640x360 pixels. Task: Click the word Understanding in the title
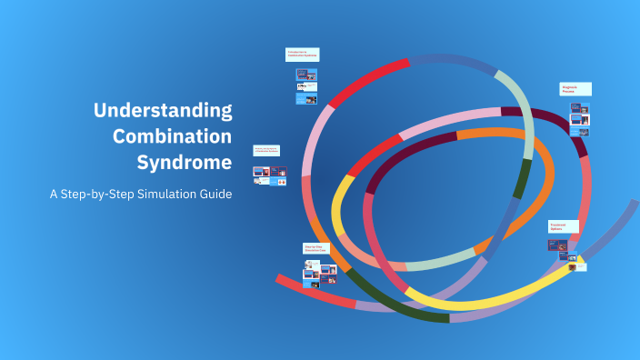click(x=163, y=112)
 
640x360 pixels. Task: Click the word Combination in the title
click(x=172, y=137)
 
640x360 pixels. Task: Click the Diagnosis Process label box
click(x=575, y=89)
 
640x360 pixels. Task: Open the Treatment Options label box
click(x=564, y=226)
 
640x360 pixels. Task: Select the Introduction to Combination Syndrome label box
click(x=303, y=55)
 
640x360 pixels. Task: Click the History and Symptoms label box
click(x=266, y=150)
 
